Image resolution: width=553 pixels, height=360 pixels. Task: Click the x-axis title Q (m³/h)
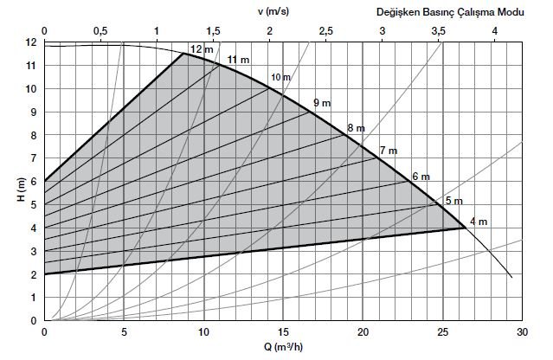coord(283,349)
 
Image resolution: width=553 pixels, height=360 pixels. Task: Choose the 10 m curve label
coord(280,79)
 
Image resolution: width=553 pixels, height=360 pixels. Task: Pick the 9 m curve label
coord(321,103)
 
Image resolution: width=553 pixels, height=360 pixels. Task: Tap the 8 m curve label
coord(356,128)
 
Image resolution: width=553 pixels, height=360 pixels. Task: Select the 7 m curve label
coord(387,151)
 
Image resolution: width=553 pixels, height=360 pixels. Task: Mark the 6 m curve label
coord(421,177)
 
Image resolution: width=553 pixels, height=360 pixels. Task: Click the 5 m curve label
coord(453,201)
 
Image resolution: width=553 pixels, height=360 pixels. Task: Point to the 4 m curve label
coord(478,222)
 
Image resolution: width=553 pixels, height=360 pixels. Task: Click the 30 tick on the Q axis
coord(522,331)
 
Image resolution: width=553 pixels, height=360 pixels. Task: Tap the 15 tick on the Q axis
coord(283,331)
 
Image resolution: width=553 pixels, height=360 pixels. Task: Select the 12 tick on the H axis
coord(32,42)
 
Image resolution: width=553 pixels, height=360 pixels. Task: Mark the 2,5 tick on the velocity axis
coord(326,31)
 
